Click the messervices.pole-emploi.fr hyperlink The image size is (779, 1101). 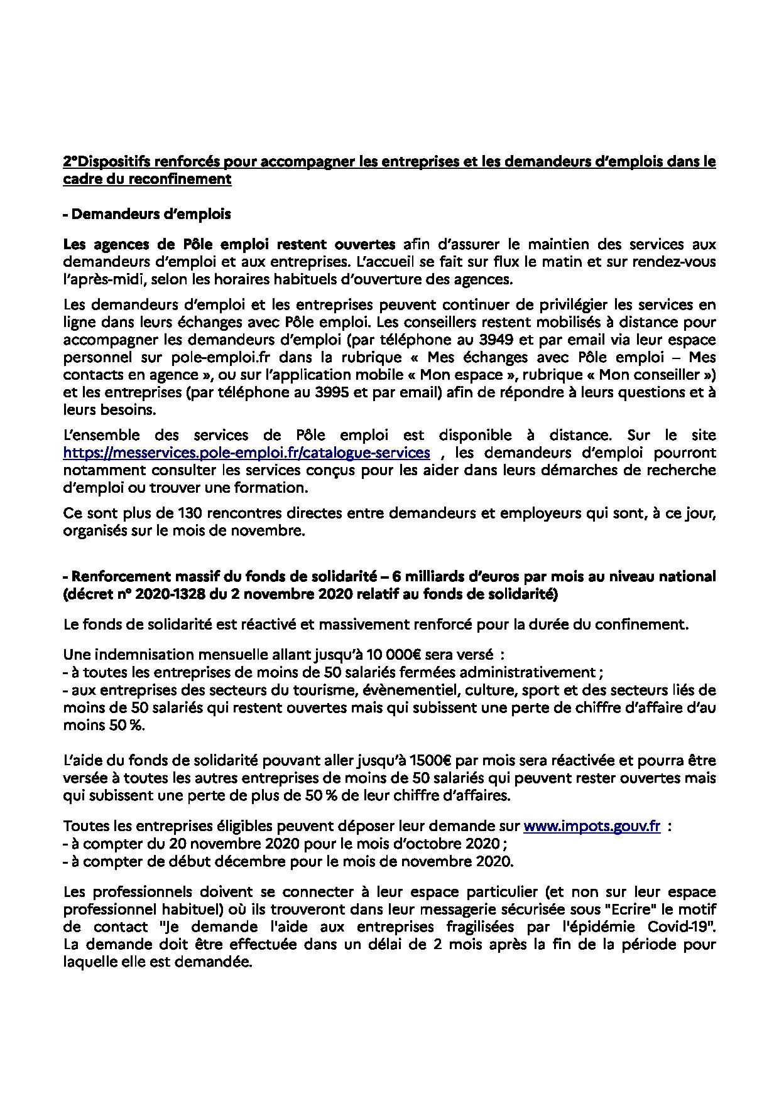click(246, 453)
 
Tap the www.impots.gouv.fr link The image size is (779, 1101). click(591, 827)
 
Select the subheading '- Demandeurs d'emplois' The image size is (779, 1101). click(147, 214)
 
